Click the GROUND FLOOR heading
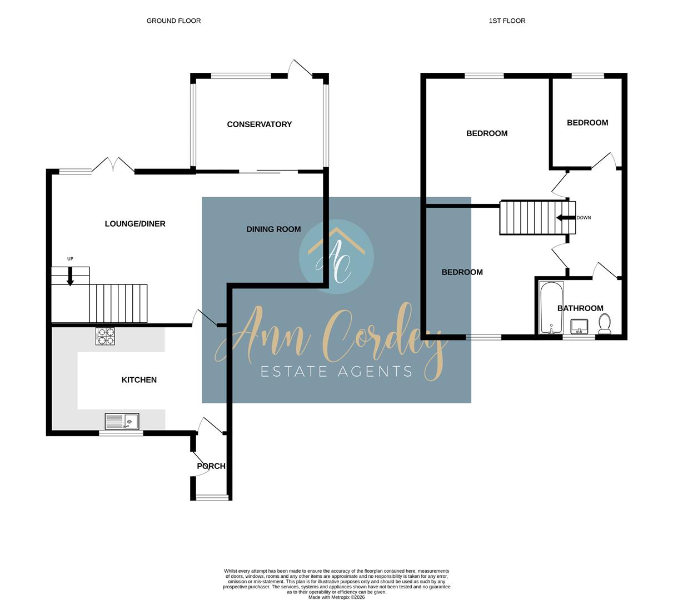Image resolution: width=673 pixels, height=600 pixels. point(173,21)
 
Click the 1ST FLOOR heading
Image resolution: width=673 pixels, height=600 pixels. point(507,21)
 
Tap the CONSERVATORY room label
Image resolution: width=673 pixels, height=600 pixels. point(259,124)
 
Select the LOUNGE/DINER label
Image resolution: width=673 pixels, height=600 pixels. point(135,224)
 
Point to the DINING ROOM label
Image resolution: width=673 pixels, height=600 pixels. point(273,229)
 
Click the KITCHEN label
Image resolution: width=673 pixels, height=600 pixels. point(139,380)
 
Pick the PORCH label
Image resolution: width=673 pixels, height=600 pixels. point(211,466)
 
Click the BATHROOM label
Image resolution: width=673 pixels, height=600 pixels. point(580,308)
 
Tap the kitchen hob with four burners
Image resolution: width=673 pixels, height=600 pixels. point(105,337)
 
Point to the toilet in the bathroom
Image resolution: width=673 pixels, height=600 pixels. point(604,323)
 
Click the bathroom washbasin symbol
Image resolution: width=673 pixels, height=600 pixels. point(580,326)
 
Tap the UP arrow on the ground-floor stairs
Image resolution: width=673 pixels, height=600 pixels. point(70,276)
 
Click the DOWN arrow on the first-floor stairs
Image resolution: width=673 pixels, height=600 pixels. point(565,218)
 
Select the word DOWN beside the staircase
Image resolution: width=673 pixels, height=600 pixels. point(584,218)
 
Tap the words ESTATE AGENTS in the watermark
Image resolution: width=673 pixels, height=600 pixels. point(337,372)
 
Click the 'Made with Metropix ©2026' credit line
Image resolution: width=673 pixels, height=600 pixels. point(337,597)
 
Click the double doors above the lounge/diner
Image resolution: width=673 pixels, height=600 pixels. point(113,165)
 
